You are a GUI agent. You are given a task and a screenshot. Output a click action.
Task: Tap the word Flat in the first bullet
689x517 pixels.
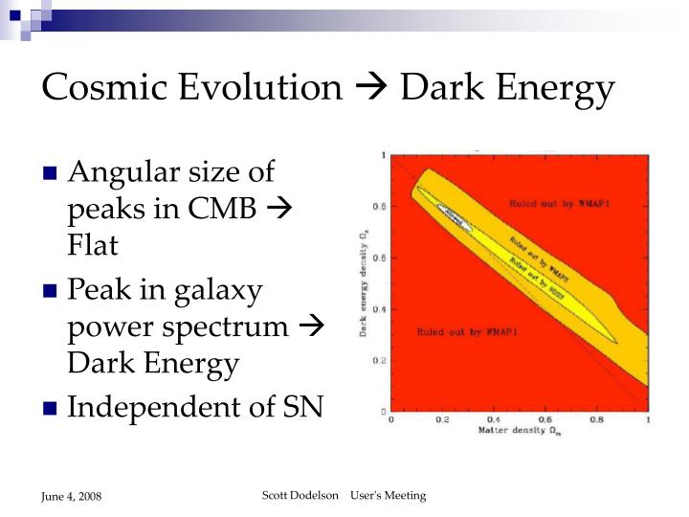pos(93,246)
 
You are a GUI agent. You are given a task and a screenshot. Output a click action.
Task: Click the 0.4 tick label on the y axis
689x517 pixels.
pos(380,309)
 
